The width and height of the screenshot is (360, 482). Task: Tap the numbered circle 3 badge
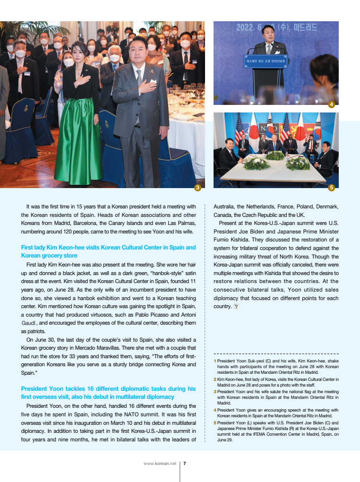click(x=198, y=188)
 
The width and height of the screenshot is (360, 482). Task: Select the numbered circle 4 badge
click(x=332, y=104)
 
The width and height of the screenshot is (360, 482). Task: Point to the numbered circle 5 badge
click(x=332, y=188)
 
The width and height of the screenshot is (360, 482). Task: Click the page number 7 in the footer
click(x=184, y=464)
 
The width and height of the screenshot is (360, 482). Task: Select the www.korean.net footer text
click(x=160, y=464)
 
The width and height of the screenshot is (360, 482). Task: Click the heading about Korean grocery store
click(x=108, y=251)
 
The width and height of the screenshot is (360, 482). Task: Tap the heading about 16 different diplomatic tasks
click(x=108, y=393)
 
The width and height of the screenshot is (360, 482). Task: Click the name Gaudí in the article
click(x=29, y=323)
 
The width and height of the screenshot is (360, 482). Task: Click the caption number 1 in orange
click(x=215, y=361)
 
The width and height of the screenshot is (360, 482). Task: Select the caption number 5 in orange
click(x=215, y=422)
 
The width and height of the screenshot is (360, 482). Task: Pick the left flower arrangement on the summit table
click(x=257, y=163)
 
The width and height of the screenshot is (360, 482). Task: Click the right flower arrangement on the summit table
click(x=298, y=163)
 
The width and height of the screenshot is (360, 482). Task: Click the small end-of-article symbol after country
click(x=236, y=306)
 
